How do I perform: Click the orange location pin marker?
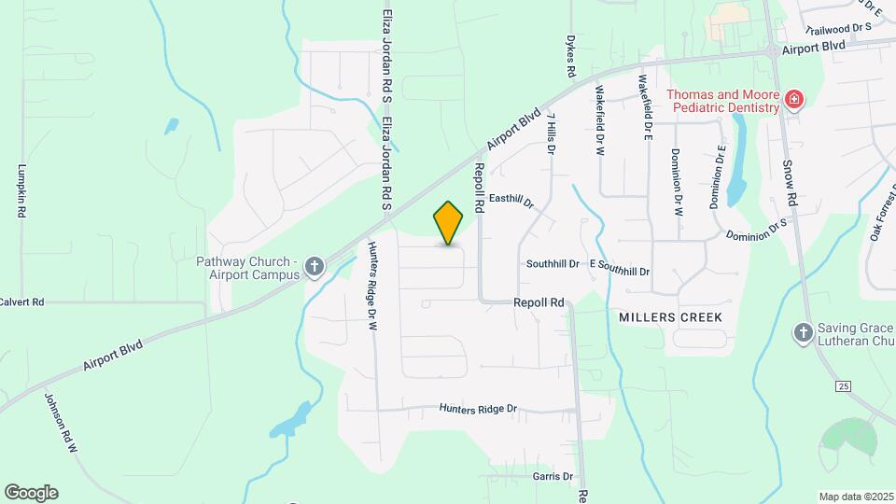449,223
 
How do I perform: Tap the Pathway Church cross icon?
315,268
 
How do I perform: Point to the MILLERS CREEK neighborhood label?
670,317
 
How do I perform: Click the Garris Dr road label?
553,476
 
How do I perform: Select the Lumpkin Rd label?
21,191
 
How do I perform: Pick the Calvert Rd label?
21,302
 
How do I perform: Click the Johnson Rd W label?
59,422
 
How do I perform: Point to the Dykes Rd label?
569,57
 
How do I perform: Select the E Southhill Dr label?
620,266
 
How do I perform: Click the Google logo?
31,493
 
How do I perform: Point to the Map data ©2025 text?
856,497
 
